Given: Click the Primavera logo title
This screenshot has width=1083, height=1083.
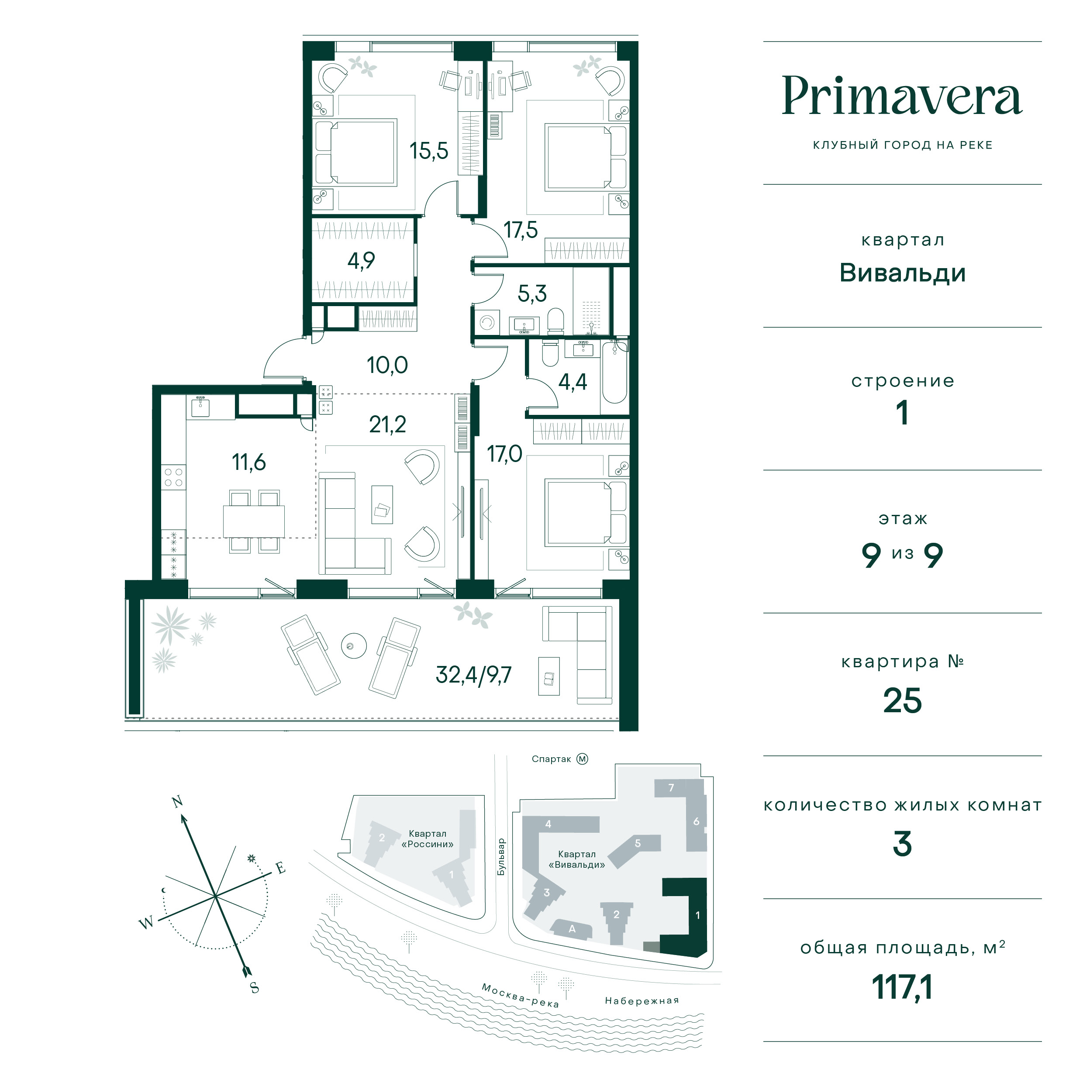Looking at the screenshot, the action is coord(902,96).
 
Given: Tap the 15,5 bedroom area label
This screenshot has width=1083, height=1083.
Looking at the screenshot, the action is coord(429,151).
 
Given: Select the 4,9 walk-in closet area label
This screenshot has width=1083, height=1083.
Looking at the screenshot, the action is coord(361,261).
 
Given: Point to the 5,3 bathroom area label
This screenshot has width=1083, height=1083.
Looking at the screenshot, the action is coord(532,293).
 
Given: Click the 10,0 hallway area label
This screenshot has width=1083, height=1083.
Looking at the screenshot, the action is coord(387,365).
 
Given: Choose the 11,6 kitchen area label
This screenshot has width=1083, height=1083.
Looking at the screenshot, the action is coord(249,462).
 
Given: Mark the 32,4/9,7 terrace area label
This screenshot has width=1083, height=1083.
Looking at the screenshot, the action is coord(474,675).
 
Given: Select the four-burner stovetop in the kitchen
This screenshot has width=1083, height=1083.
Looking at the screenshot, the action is coord(174,477).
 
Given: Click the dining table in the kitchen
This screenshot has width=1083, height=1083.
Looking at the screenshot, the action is coord(254,521).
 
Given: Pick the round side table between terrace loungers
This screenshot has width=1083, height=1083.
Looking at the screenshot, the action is coord(354,646).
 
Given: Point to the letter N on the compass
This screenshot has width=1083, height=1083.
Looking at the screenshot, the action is coord(177,802).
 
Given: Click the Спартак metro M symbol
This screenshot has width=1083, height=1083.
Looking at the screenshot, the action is coord(583,759).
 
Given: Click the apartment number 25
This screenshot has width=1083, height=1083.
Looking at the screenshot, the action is coord(902,701).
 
